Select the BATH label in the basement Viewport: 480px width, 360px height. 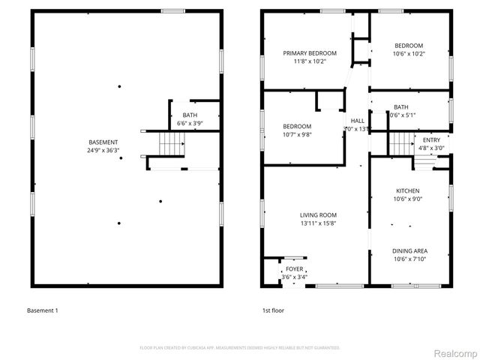click(x=190, y=115)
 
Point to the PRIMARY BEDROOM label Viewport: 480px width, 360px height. click(x=309, y=53)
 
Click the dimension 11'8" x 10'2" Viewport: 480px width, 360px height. click(x=309, y=61)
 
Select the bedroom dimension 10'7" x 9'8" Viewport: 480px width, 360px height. click(x=298, y=135)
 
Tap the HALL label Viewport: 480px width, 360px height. click(x=357, y=120)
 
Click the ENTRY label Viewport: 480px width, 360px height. click(x=431, y=140)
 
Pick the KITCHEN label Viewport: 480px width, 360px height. click(x=407, y=190)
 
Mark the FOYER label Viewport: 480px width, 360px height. click(x=294, y=268)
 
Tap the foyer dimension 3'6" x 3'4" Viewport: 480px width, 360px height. click(x=294, y=277)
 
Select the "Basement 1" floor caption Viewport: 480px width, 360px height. click(x=42, y=310)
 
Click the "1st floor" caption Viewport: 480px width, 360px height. click(x=273, y=310)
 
